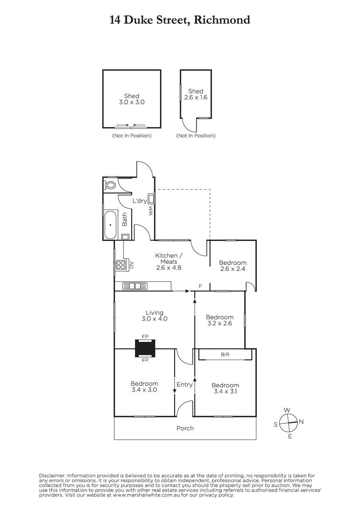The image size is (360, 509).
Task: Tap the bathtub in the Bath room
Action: [110, 225]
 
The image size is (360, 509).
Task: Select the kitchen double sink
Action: [135, 286]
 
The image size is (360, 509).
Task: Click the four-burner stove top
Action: [121, 265]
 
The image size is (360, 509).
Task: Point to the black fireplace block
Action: [145, 348]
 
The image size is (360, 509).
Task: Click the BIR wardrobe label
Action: [225, 354]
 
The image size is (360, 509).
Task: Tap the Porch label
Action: [185, 428]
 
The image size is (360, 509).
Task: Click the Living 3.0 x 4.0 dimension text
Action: [155, 319]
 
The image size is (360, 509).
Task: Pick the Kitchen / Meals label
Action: [169, 258]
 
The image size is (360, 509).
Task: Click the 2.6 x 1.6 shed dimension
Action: [196, 98]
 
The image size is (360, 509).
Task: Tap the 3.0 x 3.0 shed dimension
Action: [132, 102]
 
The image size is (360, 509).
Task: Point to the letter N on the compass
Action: [301, 422]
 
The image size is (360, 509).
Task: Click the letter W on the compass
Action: [287, 410]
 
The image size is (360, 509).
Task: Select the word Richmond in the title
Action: [222, 20]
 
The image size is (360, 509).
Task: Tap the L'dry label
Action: [140, 201]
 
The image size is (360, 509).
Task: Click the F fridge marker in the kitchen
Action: [200, 286]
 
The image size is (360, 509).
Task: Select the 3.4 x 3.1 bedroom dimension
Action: [225, 391]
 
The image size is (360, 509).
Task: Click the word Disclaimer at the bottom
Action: [52, 475]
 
